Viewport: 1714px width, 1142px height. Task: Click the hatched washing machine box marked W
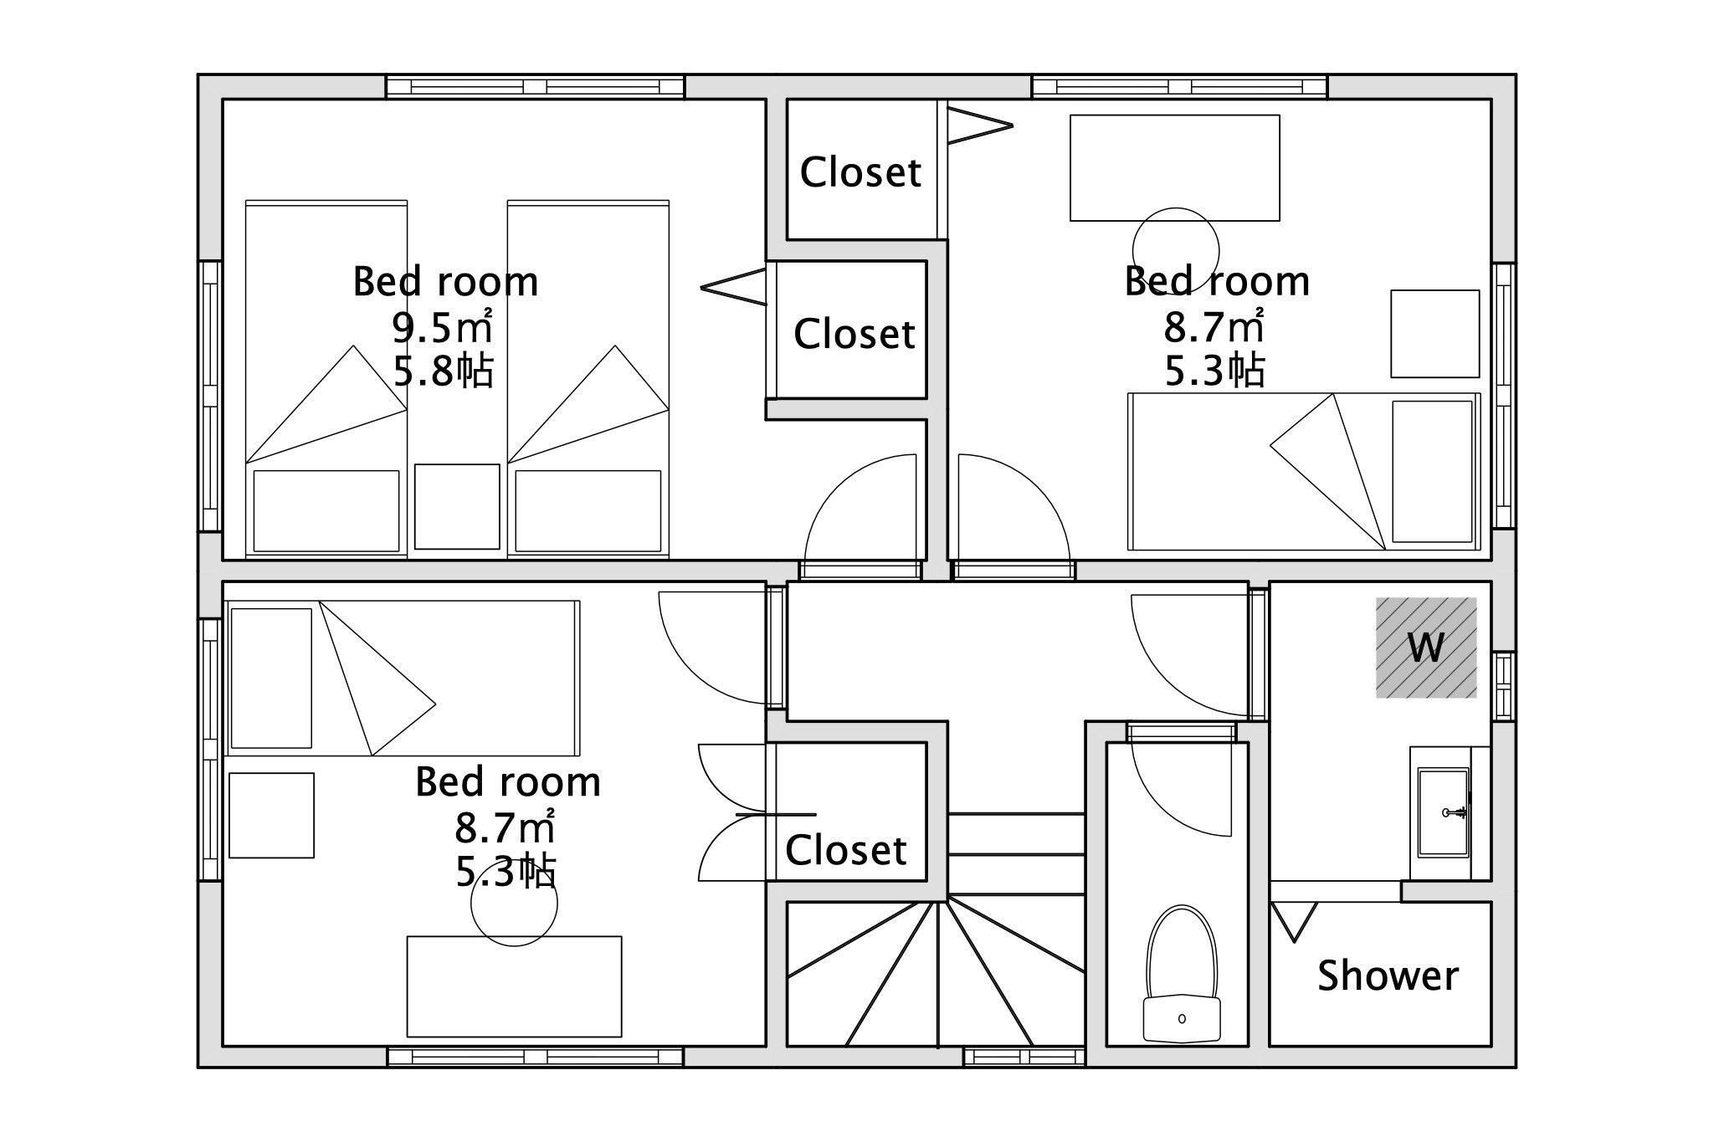click(x=1426, y=648)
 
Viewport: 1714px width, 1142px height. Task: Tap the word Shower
click(x=1388, y=976)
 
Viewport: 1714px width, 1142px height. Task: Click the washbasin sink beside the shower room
click(x=1444, y=812)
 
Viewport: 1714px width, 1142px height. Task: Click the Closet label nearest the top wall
click(x=860, y=172)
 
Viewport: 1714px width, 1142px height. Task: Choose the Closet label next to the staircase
click(x=845, y=850)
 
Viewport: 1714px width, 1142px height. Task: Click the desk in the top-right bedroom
click(x=1175, y=167)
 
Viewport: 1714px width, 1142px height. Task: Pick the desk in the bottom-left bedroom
click(x=514, y=986)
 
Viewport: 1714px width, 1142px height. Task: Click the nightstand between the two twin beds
click(x=457, y=506)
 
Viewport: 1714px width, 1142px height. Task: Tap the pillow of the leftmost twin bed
click(x=326, y=510)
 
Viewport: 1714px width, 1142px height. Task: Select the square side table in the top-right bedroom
click(x=1435, y=334)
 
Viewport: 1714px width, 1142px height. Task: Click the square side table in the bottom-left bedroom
click(x=271, y=815)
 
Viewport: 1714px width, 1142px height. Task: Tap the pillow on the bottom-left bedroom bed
click(x=271, y=678)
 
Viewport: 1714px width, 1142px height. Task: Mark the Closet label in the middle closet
click(x=854, y=334)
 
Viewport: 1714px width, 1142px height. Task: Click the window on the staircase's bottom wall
click(x=1024, y=1057)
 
